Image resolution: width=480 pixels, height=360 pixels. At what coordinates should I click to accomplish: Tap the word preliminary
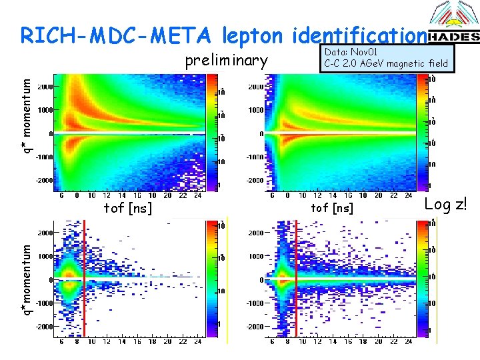(226, 61)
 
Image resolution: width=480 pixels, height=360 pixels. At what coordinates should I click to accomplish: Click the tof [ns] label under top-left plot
(127, 208)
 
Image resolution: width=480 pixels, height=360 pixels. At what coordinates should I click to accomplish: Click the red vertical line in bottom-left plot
(85, 287)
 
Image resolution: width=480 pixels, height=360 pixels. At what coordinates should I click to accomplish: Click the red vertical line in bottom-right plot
(296, 287)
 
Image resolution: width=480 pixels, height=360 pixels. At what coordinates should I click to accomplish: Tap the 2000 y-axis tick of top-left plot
(45, 87)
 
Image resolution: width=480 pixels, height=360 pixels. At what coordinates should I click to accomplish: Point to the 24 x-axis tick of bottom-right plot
(408, 342)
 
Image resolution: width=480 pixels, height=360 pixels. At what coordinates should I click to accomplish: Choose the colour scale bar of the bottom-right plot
(421, 280)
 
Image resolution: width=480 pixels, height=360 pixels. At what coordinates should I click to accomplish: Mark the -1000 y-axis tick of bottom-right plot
(256, 303)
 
